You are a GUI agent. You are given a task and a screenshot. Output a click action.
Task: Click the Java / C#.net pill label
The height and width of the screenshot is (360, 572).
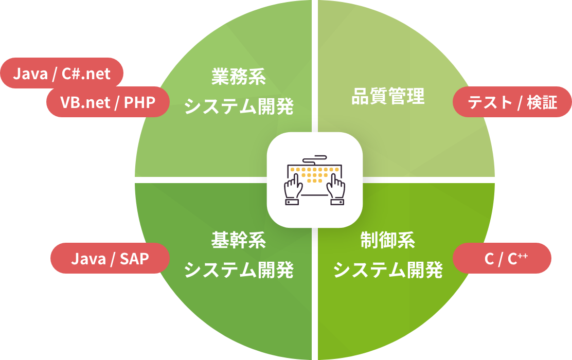(x=62, y=74)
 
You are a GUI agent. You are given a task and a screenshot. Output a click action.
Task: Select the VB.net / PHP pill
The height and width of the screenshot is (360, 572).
(x=108, y=102)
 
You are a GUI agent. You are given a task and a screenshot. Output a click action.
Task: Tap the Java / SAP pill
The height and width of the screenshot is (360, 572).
(x=110, y=259)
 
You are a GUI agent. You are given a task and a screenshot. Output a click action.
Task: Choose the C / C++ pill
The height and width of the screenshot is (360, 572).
(x=502, y=259)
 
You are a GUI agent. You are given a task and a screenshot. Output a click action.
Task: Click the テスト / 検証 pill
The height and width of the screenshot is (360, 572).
(x=512, y=102)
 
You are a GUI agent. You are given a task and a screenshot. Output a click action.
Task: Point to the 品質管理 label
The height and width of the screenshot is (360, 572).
(x=388, y=96)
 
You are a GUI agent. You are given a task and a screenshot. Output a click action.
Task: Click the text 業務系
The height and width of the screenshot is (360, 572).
(x=238, y=78)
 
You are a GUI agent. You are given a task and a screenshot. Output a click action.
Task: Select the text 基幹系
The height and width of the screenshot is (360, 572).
(x=238, y=240)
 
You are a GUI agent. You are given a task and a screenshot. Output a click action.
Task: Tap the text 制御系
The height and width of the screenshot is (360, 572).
(x=388, y=240)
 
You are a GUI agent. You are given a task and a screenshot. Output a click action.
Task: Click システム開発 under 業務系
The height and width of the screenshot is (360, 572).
(x=238, y=107)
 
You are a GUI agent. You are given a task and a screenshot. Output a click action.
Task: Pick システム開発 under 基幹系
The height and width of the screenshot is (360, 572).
(x=238, y=269)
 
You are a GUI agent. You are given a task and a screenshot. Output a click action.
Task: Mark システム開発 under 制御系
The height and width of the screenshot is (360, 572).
(x=388, y=269)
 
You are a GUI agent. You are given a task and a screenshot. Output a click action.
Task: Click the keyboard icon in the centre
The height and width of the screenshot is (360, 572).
(x=314, y=179)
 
